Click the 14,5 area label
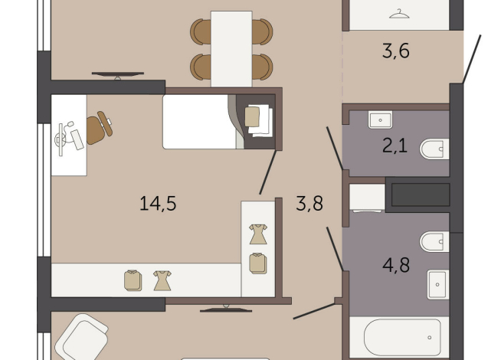(158, 204)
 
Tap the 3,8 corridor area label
(309, 204)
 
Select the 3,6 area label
(396, 51)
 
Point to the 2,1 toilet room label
(395, 146)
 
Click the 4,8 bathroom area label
(396, 265)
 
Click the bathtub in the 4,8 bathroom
(402, 337)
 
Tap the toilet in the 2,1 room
(434, 149)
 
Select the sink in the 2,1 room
(380, 119)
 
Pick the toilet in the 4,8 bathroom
(434, 241)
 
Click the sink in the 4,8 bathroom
(438, 284)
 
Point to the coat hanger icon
(399, 14)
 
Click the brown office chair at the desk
(99, 128)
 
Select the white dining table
(231, 49)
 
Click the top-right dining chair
(262, 31)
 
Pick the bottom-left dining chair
(201, 67)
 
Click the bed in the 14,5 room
(219, 122)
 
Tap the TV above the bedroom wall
(117, 75)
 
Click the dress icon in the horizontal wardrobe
(162, 280)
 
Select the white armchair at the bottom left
(80, 338)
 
